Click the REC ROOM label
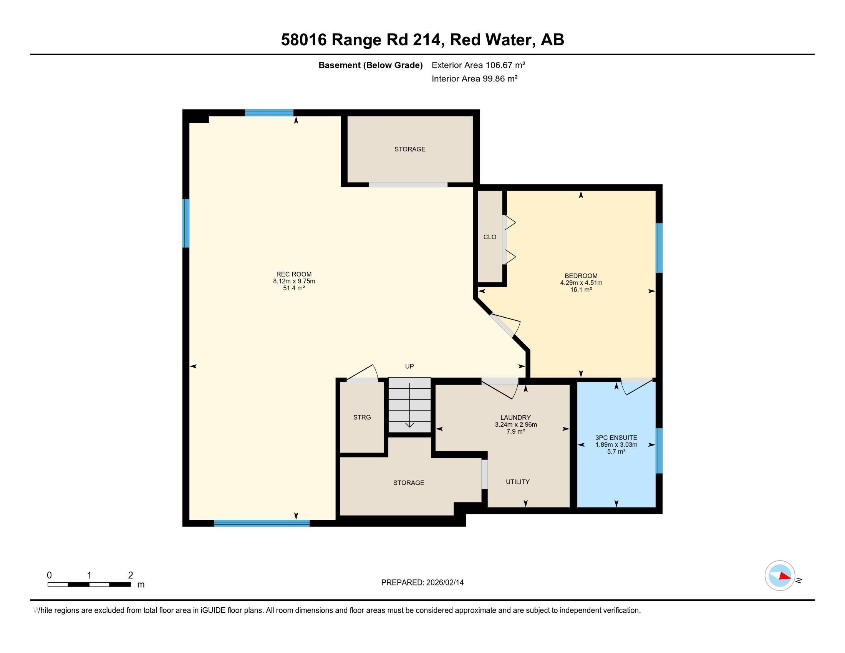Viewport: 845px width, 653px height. (294, 274)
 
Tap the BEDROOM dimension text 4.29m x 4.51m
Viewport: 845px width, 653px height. (581, 283)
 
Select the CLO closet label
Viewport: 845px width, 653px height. (489, 237)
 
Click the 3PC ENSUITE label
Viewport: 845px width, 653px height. (616, 438)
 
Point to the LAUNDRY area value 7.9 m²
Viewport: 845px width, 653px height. (515, 431)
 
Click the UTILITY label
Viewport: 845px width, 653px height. (517, 482)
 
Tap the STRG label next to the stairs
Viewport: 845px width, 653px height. (362, 417)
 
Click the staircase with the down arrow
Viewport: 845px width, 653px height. (409, 405)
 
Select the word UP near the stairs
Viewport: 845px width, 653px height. (409, 366)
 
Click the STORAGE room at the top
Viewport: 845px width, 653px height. (410, 149)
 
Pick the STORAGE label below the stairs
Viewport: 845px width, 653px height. (409, 483)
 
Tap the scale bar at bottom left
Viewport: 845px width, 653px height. (89, 584)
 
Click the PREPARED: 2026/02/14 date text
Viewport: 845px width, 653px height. (422, 582)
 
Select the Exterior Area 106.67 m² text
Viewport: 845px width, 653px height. (478, 65)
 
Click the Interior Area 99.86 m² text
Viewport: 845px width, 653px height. (474, 78)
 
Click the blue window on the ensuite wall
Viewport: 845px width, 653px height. (659, 451)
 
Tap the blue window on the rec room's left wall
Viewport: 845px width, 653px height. (186, 223)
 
